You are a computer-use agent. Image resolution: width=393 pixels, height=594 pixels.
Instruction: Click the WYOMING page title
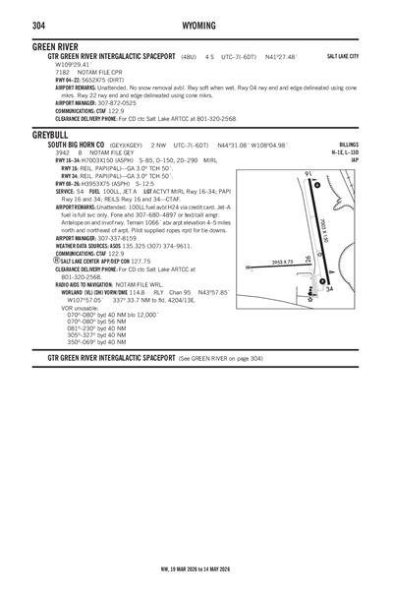point(196,24)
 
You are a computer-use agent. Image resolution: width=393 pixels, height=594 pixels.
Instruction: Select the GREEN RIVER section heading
point(55,46)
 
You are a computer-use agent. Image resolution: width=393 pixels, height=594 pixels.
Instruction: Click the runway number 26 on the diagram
point(309,259)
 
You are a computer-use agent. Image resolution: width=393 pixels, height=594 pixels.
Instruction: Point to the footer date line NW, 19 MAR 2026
point(196,568)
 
